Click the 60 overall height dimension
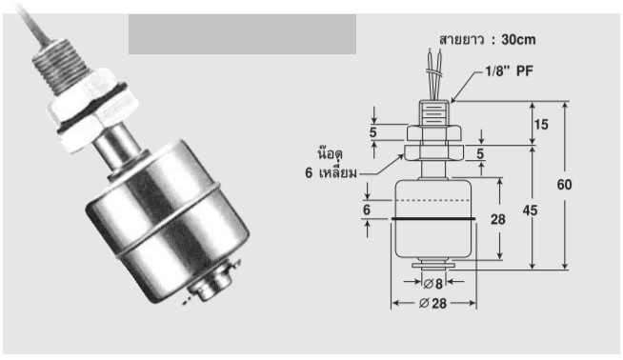564,185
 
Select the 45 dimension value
530,210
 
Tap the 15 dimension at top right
541,125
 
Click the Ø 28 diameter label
432,304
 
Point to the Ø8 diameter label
432,284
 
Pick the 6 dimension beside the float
367,210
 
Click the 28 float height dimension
498,219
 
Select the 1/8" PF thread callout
509,71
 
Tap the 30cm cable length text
518,40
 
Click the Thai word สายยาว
461,40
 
